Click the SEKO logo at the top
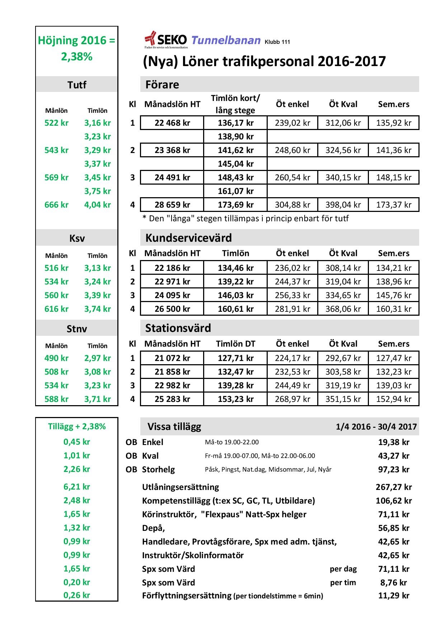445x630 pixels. click(166, 40)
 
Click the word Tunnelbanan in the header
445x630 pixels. click(226, 40)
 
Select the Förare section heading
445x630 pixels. click(162, 84)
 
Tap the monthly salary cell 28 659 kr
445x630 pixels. click(172, 205)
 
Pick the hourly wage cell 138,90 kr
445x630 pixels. click(235, 136)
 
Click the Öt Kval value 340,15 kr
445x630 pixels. click(343, 177)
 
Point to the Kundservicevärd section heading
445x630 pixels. click(188, 238)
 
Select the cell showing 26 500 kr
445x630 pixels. click(172, 309)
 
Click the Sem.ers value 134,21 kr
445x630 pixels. click(394, 268)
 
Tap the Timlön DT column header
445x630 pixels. click(235, 344)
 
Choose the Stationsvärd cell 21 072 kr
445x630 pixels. click(172, 358)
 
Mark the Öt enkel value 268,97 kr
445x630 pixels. click(292, 399)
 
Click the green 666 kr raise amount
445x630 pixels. click(56, 205)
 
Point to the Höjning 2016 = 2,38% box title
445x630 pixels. click(77, 48)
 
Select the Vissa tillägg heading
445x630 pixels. click(174, 427)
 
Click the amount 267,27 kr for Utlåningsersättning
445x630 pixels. click(394, 487)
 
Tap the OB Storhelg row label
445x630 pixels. click(150, 469)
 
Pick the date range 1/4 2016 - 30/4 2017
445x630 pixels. click(376, 427)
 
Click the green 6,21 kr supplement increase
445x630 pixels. click(77, 487)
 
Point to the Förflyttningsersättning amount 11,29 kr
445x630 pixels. click(394, 596)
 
